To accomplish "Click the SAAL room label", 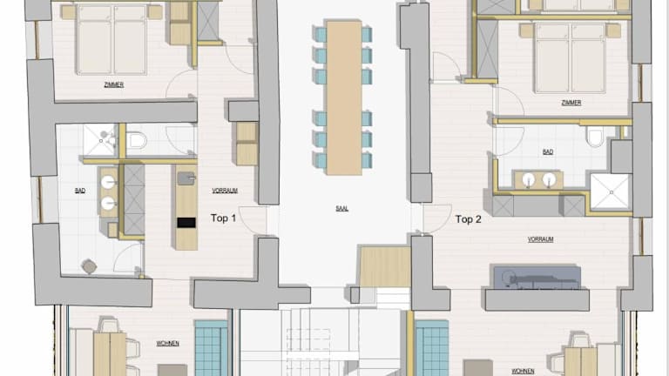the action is click(341, 209).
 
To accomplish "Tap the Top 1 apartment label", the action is click(223, 218).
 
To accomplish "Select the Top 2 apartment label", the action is click(468, 219).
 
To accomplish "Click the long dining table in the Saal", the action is click(344, 97).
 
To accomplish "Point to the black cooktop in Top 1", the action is click(186, 222).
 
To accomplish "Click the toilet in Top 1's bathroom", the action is click(137, 140).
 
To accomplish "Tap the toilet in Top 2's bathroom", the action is click(594, 137).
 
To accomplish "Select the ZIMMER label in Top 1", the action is click(114, 84).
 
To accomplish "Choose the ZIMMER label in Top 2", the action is click(571, 103).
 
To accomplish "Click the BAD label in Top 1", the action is click(80, 191).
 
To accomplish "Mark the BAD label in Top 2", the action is click(548, 151).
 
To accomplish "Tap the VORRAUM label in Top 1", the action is click(225, 191).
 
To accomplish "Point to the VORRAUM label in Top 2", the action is click(541, 239).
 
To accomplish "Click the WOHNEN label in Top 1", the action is click(167, 343).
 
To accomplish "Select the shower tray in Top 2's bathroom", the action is click(611, 192).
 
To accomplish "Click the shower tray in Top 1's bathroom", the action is click(101, 140).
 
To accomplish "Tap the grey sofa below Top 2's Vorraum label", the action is click(537, 278).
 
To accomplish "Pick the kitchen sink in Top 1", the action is click(186, 178).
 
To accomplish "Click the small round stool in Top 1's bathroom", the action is click(89, 266).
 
